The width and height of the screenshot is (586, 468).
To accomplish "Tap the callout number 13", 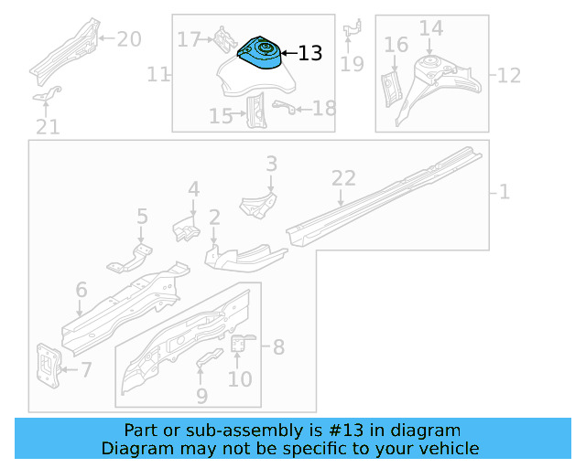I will [310, 54].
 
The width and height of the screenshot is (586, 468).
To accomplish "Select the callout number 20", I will [129, 38].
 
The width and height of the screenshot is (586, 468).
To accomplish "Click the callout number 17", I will [189, 39].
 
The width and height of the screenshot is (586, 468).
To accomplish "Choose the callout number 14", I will [430, 28].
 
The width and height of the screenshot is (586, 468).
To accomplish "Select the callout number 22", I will [342, 179].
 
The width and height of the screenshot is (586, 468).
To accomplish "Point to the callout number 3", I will [271, 164].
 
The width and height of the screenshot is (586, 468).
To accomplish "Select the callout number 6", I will [81, 291].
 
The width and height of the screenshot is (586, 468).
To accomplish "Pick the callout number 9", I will [201, 396].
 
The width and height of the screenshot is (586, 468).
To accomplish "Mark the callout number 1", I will [505, 192].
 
